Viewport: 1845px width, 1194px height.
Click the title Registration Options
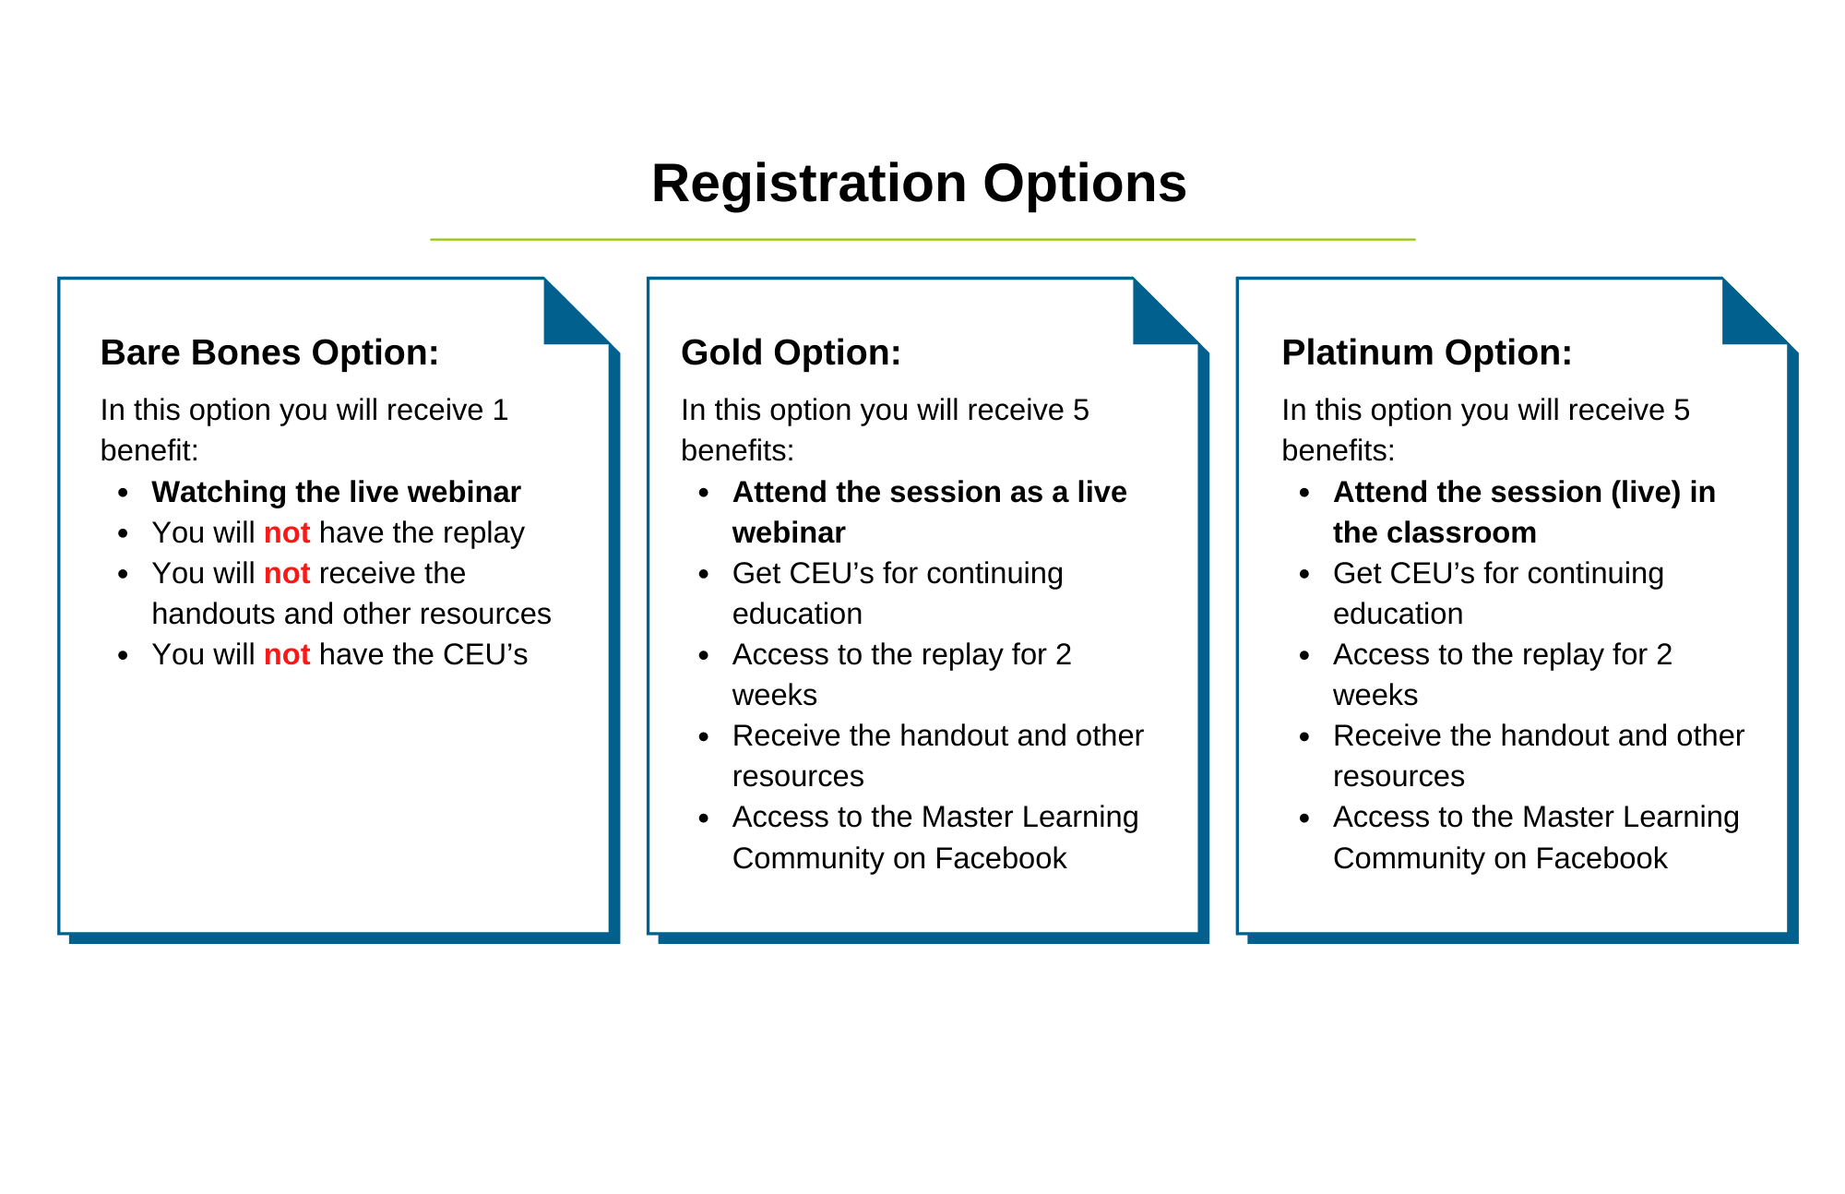click(919, 183)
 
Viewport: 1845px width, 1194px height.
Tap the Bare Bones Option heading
click(269, 352)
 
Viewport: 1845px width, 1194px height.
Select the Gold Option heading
click(791, 352)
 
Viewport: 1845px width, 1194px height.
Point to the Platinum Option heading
click(1426, 352)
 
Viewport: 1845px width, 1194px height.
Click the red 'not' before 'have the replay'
click(287, 532)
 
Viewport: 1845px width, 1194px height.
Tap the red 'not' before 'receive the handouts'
click(287, 573)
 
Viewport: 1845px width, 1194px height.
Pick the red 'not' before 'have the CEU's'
click(287, 654)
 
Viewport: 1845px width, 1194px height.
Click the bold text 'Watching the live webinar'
click(337, 492)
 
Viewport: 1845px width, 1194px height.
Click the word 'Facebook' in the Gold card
click(1001, 858)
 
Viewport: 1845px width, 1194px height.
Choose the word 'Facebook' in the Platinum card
click(1601, 858)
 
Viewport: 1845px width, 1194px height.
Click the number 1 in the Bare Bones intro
click(500, 410)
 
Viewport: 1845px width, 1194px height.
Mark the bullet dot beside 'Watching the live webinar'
click(123, 494)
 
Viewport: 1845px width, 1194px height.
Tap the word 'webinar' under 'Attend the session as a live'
click(789, 532)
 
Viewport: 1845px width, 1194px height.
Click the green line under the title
click(922, 239)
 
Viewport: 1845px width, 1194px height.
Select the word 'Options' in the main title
click(1085, 183)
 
